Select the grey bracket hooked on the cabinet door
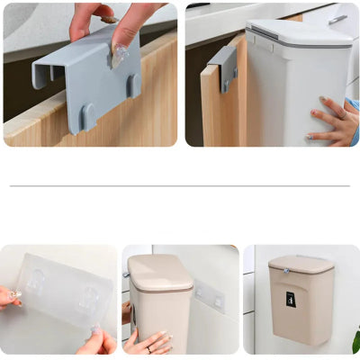pos(224,67)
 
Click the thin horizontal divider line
pos(180,186)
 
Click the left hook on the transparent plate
pos(38,282)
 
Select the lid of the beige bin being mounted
pos(160,271)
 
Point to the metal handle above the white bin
pos(337,17)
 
